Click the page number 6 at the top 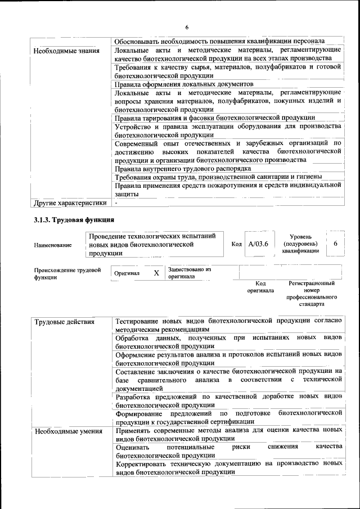click(186, 27)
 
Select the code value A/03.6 click(258, 244)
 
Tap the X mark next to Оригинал click(156, 273)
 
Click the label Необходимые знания click(66, 51)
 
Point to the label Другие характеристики click(70, 203)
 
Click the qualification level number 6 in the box click(335, 244)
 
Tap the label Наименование click(53, 245)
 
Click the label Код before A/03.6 click(237, 244)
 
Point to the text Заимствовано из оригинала click(190, 273)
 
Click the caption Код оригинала click(260, 287)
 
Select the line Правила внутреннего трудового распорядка click(183, 168)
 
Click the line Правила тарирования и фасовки click(214, 118)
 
